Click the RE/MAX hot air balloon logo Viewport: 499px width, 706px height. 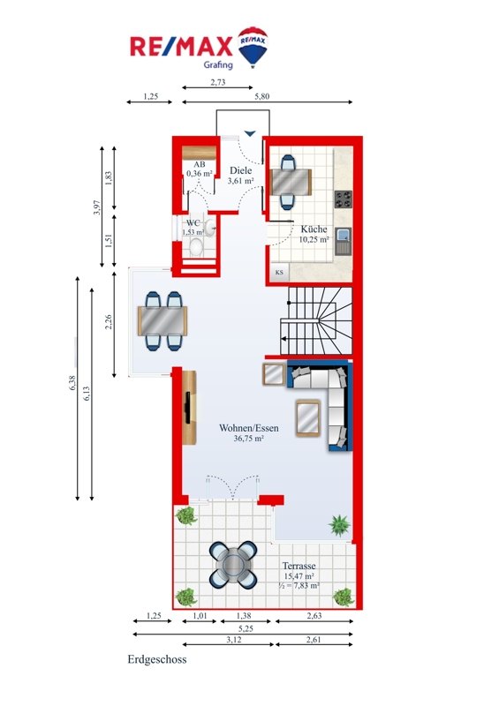click(x=253, y=47)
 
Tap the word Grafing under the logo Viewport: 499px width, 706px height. click(x=218, y=64)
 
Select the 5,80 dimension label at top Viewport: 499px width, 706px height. click(x=262, y=96)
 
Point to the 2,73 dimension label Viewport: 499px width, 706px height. click(x=218, y=82)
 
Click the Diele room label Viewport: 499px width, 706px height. click(x=241, y=170)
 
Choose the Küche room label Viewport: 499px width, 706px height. click(x=314, y=229)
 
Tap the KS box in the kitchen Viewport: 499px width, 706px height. click(x=279, y=273)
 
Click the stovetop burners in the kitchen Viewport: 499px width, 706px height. click(x=344, y=199)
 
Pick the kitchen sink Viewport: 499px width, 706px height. click(x=344, y=240)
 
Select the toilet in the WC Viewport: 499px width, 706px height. click(x=196, y=246)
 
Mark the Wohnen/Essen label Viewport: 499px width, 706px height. click(x=249, y=428)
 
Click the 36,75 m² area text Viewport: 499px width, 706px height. click(x=248, y=438)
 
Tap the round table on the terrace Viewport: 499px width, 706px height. click(x=233, y=565)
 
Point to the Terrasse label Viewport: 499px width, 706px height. click(x=299, y=566)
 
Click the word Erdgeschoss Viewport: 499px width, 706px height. click(x=157, y=659)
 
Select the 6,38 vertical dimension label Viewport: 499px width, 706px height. click(x=72, y=383)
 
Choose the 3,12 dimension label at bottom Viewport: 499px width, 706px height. click(x=233, y=639)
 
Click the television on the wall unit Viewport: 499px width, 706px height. click(x=187, y=408)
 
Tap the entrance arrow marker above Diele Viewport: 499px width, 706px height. click(x=250, y=133)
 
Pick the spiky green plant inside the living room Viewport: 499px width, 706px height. click(x=339, y=525)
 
